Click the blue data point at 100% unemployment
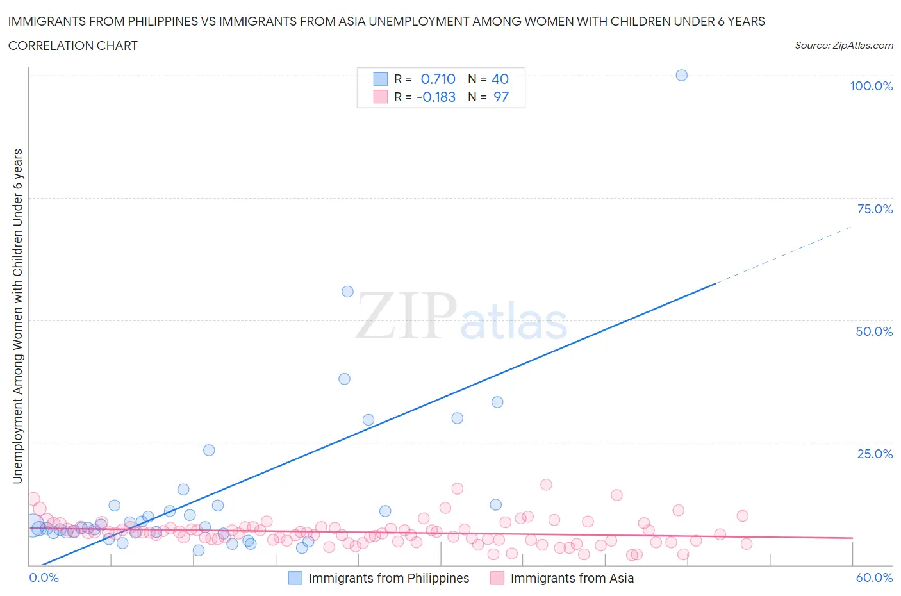681,75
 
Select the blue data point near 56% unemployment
347,292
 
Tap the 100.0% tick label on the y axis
871,86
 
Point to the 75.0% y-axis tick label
875,209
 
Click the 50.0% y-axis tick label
874,331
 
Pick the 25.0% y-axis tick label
875,454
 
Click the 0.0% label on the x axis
44,577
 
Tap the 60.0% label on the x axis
874,577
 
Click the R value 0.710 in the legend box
438,79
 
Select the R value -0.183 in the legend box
436,97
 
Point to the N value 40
500,79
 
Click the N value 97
500,97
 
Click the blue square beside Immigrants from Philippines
295,578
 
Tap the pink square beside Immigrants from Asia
497,578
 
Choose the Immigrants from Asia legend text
572,578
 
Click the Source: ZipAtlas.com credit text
843,46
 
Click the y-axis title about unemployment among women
17,316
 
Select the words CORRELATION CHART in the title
73,46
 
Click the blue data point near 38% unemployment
344,379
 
